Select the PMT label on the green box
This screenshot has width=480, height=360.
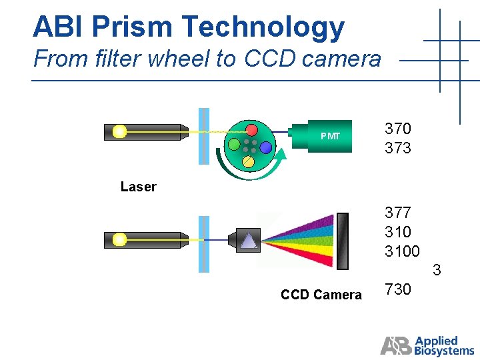tap(330, 137)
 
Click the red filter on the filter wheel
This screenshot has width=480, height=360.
tap(251, 129)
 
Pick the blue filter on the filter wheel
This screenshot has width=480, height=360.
tap(266, 147)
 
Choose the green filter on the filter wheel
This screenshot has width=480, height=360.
tap(234, 144)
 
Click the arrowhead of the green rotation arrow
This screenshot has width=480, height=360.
tap(281, 155)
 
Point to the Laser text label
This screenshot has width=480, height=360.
tap(138, 187)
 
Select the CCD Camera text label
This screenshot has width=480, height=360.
tap(321, 295)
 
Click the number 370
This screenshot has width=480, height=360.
tap(398, 129)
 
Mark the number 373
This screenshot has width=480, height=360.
tap(398, 148)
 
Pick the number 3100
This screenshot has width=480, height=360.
tap(402, 251)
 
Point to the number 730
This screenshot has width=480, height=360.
tap(398, 289)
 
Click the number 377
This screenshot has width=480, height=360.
tap(398, 213)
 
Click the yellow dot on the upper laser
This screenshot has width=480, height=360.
tap(119, 131)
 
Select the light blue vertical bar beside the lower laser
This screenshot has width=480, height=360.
tap(205, 243)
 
